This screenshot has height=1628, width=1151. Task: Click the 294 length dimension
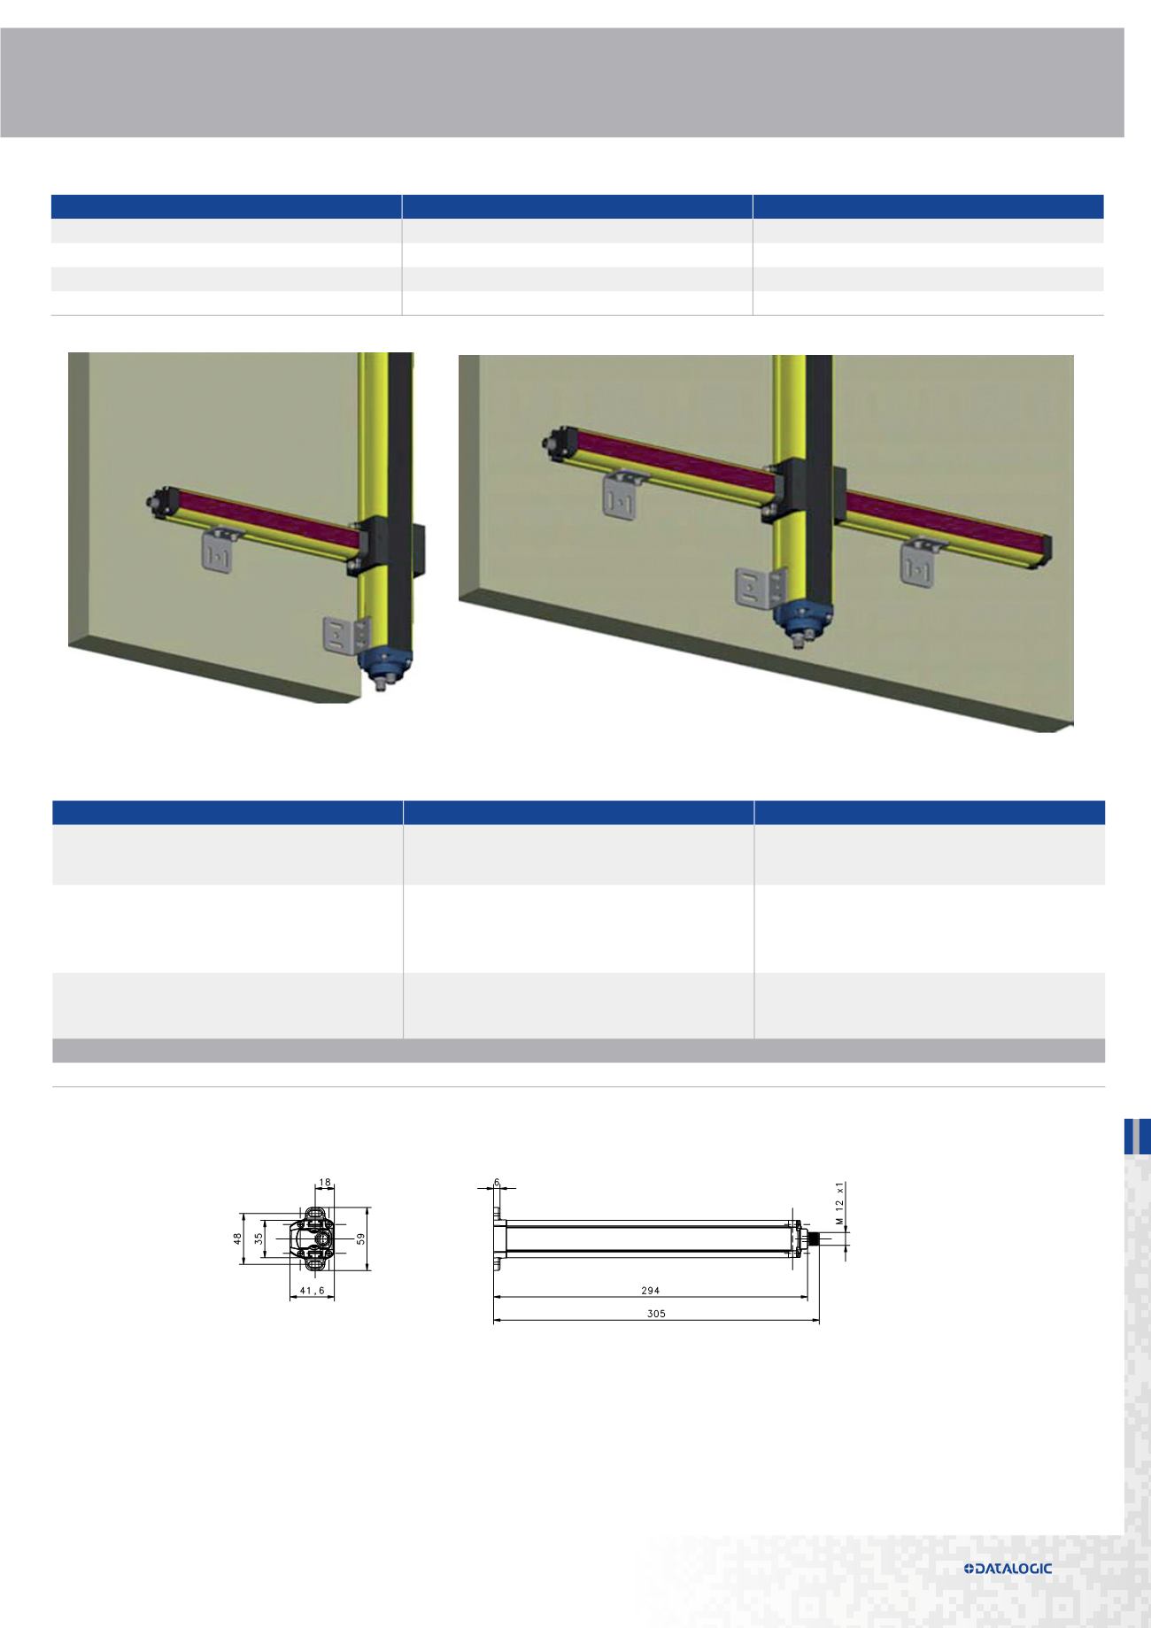click(x=655, y=1291)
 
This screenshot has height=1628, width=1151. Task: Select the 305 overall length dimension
click(x=655, y=1314)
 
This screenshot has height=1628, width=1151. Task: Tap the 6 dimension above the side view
click(x=497, y=1183)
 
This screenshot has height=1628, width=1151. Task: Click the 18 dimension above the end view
click(x=324, y=1183)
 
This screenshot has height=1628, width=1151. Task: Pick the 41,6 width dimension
click(x=312, y=1291)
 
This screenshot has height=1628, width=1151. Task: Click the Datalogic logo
click(x=1008, y=1569)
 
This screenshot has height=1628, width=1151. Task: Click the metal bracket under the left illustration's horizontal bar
click(x=220, y=549)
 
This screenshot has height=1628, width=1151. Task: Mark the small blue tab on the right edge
click(x=1137, y=1137)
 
